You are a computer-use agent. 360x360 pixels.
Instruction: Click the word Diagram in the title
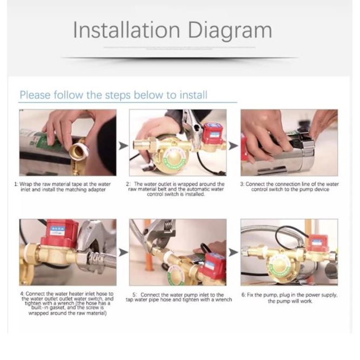click(230, 31)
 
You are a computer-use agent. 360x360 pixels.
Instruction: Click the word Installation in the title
click(126, 30)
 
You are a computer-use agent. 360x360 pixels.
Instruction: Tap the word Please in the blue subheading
click(35, 95)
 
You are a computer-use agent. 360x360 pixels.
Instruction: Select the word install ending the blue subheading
click(194, 95)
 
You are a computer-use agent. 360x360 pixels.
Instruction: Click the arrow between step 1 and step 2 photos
click(124, 146)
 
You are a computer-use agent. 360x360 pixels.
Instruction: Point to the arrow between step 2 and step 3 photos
click(234, 146)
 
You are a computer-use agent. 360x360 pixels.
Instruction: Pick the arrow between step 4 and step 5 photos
click(124, 252)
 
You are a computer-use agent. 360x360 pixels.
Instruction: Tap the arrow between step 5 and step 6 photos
click(234, 252)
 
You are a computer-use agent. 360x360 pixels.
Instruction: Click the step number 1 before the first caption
click(16, 184)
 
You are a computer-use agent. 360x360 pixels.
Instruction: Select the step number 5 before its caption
click(135, 295)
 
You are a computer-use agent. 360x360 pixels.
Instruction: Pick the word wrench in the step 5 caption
click(224, 299)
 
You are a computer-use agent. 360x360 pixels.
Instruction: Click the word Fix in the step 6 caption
click(250, 295)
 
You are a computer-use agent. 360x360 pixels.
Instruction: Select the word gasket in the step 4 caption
click(57, 308)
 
